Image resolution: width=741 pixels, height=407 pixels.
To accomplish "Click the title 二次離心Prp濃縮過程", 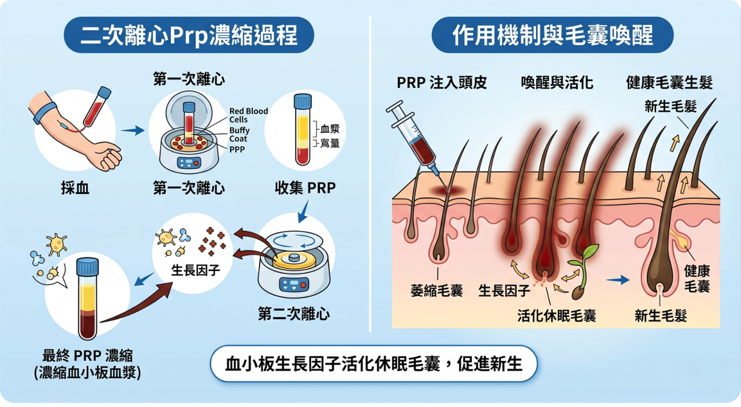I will click(x=189, y=35).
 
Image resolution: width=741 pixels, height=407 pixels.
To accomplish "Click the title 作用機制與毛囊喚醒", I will click(x=552, y=35).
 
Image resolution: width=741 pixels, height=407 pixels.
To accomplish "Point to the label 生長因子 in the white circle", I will click(x=195, y=270).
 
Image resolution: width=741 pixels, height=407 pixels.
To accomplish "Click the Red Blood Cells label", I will click(x=248, y=116).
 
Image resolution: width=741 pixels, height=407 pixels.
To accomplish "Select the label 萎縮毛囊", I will click(x=436, y=291).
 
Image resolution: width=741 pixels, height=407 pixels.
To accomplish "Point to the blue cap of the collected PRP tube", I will click(x=302, y=102).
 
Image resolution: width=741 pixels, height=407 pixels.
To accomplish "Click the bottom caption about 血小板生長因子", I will click(x=373, y=365).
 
